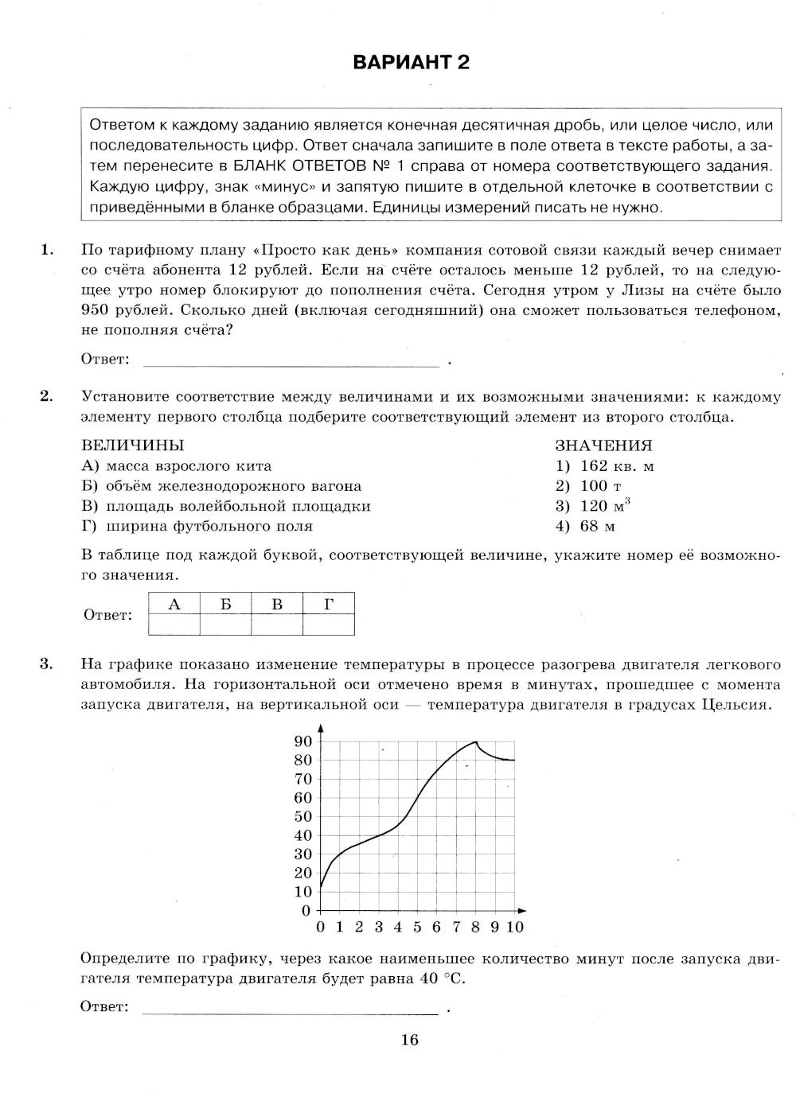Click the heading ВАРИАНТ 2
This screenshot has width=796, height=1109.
coord(411,63)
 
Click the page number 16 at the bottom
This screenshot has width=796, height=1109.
coord(410,1039)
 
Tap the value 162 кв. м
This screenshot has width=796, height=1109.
coord(605,466)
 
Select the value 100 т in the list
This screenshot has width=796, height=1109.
coord(588,486)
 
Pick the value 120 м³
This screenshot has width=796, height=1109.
coord(593,506)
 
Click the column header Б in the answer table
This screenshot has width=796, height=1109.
coord(226,605)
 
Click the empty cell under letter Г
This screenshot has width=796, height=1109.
coord(329,625)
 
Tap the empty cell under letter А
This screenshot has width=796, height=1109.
coord(174,625)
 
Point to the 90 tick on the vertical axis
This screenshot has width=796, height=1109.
coord(303,741)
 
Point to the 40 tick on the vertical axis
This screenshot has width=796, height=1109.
coord(303,835)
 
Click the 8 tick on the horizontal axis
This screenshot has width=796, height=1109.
coord(475,927)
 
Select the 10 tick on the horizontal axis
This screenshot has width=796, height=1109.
coord(514,927)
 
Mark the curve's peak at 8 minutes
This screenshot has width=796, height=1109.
coord(475,741)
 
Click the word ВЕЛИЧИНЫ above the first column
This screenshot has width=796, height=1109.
coord(132,446)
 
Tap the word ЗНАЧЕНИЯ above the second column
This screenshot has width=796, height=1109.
coord(603,446)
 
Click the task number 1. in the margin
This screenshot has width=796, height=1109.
coord(47,250)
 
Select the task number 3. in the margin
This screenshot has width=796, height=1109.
coord(47,664)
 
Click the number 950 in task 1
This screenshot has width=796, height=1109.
coord(96,310)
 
